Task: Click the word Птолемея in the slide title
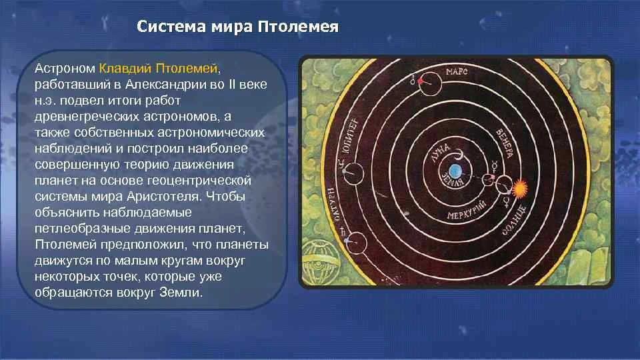coord(298,27)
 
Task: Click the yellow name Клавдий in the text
coord(125,68)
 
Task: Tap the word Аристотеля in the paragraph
coord(163,196)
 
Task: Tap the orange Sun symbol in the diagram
coord(519,189)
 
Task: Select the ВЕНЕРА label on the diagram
coord(505,144)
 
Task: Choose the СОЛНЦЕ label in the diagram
coord(513,220)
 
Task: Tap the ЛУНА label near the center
coord(441,153)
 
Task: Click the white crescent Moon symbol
coord(461,155)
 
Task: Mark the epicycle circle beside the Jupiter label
coord(353,163)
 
